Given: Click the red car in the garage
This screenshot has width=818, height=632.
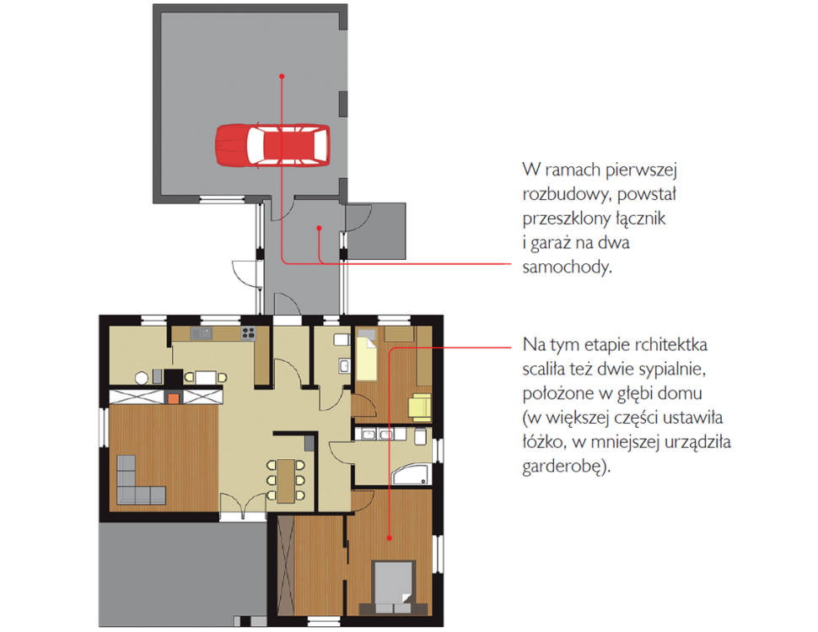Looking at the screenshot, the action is [273, 145].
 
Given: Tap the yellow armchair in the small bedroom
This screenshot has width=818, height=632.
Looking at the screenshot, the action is [420, 407].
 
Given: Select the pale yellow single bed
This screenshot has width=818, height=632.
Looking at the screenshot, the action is [367, 355].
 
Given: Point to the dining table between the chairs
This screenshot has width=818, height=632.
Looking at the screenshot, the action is [285, 480].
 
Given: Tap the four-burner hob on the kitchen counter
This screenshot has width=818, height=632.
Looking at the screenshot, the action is [248, 333].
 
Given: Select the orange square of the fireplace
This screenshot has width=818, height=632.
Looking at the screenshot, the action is [173, 398].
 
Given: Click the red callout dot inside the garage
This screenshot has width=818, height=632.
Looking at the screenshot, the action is [282, 76].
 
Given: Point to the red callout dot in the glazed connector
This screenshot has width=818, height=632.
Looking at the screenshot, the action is [319, 228].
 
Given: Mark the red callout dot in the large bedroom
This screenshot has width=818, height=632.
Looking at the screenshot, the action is [389, 537].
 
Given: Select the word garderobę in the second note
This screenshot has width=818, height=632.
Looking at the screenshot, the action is [567, 466].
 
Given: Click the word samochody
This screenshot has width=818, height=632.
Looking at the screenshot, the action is [567, 267].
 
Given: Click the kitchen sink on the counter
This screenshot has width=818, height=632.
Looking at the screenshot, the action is [202, 333].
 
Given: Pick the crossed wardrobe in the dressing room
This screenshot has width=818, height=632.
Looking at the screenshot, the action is [286, 565].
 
